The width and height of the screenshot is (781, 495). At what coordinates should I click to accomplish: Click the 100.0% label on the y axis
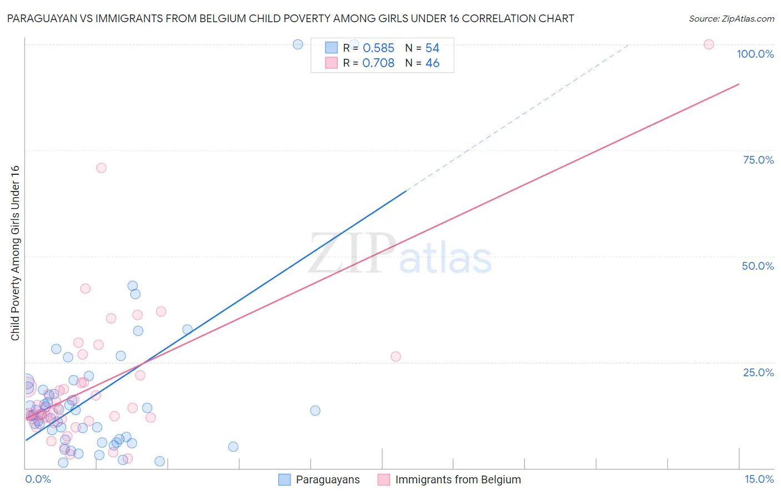click(x=755, y=54)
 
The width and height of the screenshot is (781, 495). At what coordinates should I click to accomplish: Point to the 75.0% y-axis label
click(x=758, y=160)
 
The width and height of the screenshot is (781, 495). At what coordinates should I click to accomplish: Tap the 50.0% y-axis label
click(x=758, y=266)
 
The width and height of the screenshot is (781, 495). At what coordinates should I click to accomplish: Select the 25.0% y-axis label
click(x=758, y=372)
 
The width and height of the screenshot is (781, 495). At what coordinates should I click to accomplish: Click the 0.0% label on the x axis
click(x=38, y=479)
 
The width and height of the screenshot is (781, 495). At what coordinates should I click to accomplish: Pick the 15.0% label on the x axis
click(x=759, y=479)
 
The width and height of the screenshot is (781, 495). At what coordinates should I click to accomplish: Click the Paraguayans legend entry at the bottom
click(x=327, y=479)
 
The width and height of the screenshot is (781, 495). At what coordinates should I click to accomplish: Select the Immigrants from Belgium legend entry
click(x=458, y=479)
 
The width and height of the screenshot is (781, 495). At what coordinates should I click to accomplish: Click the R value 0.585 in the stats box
click(x=378, y=48)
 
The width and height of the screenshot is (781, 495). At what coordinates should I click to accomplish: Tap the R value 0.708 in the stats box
click(x=378, y=63)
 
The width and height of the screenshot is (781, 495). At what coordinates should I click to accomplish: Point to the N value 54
click(x=432, y=48)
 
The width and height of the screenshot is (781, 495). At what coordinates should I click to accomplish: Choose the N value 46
click(x=432, y=63)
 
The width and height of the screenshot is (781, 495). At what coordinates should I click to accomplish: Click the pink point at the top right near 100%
click(x=709, y=44)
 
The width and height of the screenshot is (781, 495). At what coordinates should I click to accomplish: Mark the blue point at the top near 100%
click(x=298, y=44)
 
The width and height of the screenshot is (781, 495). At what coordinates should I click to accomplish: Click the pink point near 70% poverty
click(x=101, y=168)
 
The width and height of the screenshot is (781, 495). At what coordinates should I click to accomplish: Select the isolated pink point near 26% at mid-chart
click(x=395, y=356)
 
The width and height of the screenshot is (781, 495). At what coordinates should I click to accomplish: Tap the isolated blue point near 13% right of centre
click(x=315, y=411)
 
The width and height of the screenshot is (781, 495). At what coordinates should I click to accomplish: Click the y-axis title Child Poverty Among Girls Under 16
click(x=15, y=253)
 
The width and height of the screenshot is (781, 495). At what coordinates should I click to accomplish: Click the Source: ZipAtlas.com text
click(x=731, y=19)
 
